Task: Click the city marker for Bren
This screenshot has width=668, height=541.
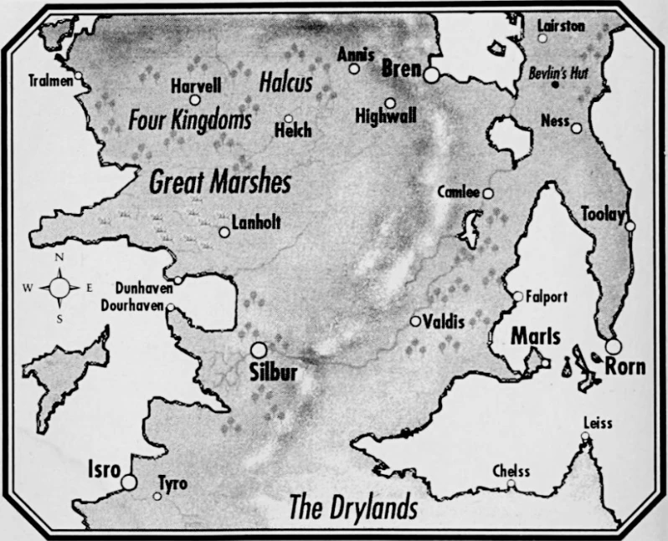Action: click(x=431, y=75)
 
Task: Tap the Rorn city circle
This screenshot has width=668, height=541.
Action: click(x=614, y=346)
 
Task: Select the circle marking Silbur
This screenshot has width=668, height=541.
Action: click(x=259, y=350)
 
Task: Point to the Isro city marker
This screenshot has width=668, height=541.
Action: click(x=129, y=482)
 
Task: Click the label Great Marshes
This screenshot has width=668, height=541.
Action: click(x=220, y=183)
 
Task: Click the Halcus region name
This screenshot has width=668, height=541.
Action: click(x=285, y=83)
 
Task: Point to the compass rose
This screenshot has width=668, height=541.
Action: click(x=59, y=288)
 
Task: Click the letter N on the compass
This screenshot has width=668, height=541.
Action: click(x=59, y=258)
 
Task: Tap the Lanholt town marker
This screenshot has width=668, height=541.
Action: click(x=224, y=232)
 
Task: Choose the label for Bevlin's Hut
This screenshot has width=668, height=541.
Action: click(x=559, y=74)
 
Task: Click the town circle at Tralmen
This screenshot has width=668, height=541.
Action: click(x=78, y=77)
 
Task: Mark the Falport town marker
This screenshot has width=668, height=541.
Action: click(x=518, y=296)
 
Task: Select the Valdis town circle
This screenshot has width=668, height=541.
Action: click(x=415, y=321)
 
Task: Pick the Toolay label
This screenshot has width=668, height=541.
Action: click(x=603, y=215)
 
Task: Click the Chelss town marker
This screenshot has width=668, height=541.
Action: click(x=511, y=483)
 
